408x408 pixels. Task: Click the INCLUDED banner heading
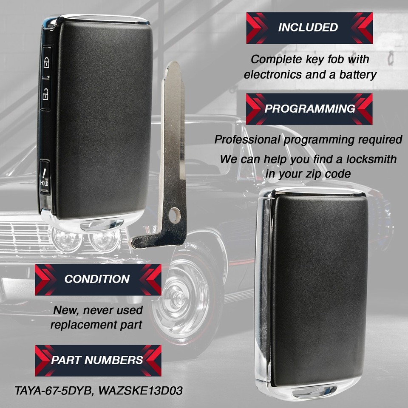point(309,28)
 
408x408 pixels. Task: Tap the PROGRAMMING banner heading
point(309,109)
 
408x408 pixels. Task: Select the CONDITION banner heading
point(98,280)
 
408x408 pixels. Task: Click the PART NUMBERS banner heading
point(98,360)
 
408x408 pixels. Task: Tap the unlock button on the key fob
point(46,94)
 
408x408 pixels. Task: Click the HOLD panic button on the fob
point(45,177)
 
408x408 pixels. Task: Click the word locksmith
point(371,159)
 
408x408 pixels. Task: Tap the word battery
point(358,75)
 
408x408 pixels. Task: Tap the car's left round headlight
point(67,240)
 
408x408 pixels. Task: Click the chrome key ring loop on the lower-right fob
point(314,391)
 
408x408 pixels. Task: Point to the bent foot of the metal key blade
point(146,241)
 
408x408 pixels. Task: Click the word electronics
point(273,75)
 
